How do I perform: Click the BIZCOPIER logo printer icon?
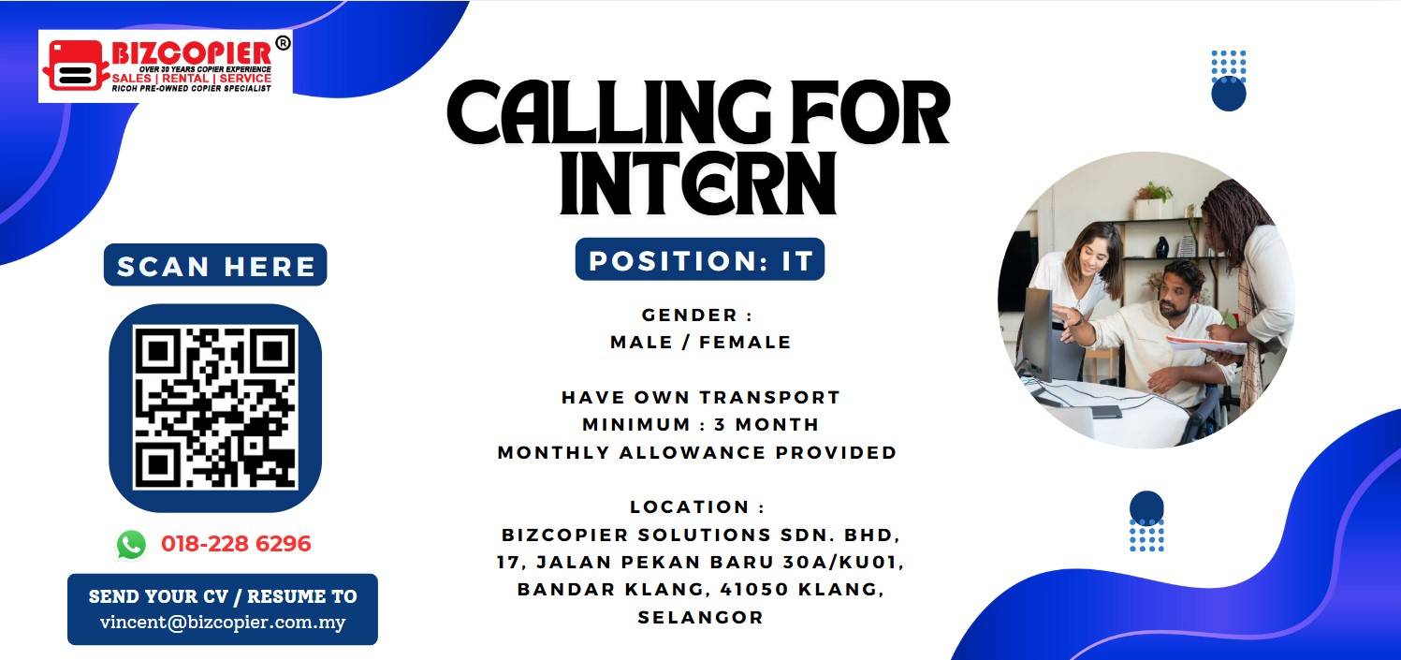74,66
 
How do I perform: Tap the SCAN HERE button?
215,265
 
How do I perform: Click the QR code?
215,407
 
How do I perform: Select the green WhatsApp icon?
131,544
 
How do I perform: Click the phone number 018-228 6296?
236,544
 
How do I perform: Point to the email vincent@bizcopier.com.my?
223,623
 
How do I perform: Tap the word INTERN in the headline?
698,183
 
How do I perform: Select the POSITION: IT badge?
700,259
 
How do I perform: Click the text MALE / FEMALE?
700,343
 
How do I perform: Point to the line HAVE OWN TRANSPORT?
700,397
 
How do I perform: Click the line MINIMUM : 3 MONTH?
700,425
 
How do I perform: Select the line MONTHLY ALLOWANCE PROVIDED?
697,452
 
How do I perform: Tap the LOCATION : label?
697,506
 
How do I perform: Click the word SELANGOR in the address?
700,618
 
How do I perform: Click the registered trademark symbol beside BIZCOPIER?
283,43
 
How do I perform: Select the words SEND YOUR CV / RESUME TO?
223,596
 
